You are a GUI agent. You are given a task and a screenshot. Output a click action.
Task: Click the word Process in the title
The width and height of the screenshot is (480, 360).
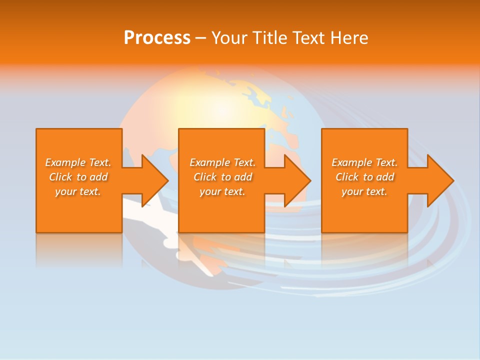(157, 38)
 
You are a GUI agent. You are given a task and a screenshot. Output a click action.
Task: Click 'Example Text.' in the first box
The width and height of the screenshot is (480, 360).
(78, 162)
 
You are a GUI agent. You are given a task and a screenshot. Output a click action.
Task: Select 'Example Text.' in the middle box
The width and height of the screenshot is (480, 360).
(222, 162)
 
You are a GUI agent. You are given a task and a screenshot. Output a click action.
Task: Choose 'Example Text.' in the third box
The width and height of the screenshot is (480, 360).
(364, 162)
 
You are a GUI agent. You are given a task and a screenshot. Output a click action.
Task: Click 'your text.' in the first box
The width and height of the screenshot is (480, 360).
(78, 191)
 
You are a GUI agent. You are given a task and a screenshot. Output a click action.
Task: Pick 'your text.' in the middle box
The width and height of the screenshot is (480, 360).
(222, 191)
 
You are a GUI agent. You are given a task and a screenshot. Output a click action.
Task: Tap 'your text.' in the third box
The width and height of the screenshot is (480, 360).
(364, 191)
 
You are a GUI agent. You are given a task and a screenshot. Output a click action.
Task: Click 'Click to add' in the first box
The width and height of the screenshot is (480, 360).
(78, 177)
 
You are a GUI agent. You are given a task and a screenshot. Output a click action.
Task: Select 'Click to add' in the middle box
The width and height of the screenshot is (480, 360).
(222, 177)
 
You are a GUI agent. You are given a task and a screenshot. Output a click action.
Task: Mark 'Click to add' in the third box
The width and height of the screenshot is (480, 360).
(364, 177)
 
